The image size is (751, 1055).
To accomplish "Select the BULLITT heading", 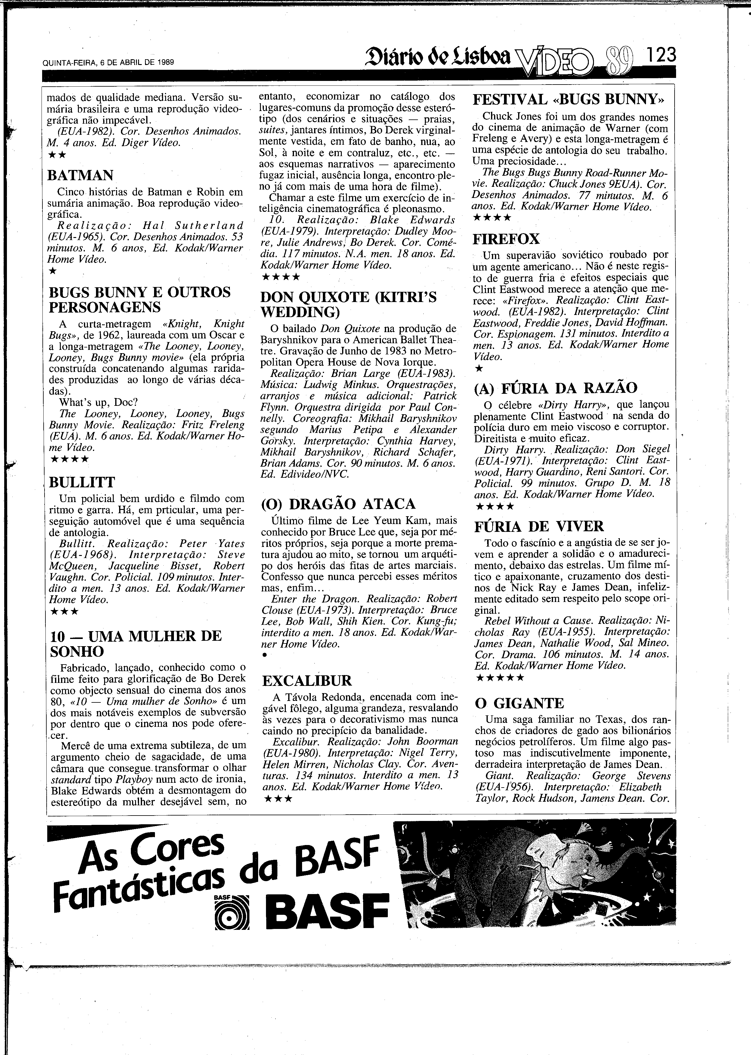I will tap(82, 482).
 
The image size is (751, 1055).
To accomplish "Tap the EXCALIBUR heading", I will tap(307, 680).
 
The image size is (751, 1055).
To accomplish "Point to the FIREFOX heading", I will tap(506, 239).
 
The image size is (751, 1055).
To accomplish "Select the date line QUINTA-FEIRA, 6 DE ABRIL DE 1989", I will tap(108, 62).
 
